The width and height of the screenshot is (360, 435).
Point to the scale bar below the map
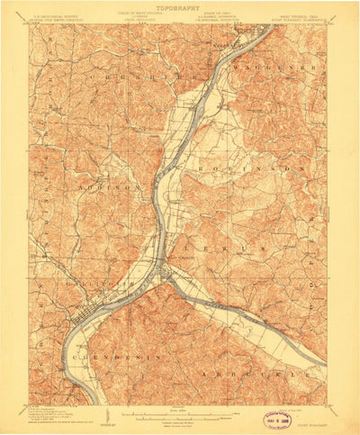coord(180,415)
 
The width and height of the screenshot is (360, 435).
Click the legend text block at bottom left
coord(54,415)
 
